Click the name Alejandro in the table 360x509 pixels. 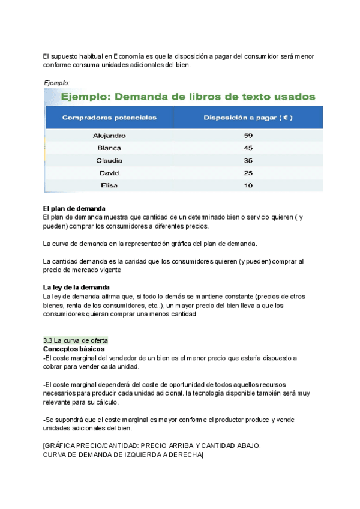[x=109, y=136]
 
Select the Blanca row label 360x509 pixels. [x=109, y=148]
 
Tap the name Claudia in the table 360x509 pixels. [x=109, y=160]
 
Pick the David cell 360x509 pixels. [x=109, y=173]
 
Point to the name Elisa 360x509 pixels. [x=109, y=185]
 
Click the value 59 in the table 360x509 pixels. [x=248, y=136]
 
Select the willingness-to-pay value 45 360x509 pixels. [x=248, y=148]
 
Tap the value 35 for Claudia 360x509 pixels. [x=248, y=160]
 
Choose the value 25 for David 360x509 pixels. [x=248, y=173]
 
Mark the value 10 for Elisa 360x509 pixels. [x=248, y=185]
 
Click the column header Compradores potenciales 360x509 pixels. [x=109, y=118]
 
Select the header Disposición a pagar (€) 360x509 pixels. [x=248, y=118]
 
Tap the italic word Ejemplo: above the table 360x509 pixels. [x=57, y=83]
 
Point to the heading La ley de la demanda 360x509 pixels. [x=76, y=288]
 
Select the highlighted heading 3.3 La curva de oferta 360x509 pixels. [x=76, y=340]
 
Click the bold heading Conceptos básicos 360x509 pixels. [x=74, y=349]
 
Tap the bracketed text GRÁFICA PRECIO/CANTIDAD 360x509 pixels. [x=96, y=447]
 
